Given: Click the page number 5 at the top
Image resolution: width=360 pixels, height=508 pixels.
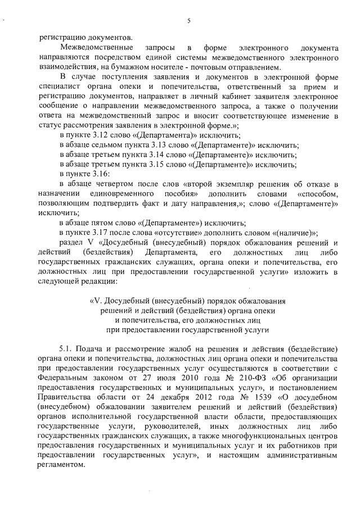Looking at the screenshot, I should (189, 21).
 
